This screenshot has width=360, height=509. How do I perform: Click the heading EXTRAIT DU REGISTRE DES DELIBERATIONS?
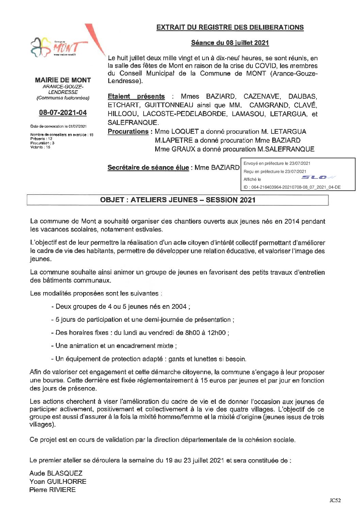230,27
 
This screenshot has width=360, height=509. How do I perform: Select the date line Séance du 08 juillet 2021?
230,43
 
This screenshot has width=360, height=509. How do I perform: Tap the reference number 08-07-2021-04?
63,112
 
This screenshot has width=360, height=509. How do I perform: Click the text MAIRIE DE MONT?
63,80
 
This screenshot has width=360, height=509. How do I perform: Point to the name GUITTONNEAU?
169,105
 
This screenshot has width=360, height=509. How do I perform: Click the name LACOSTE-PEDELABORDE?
184,114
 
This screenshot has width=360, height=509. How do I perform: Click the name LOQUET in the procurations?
185,131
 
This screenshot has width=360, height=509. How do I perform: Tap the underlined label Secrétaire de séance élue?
148,168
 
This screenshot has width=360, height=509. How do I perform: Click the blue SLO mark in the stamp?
318,177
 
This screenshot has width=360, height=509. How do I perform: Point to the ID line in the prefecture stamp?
292,187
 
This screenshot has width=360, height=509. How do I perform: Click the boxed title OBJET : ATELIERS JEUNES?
178,200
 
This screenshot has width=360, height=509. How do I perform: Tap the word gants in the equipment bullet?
176,359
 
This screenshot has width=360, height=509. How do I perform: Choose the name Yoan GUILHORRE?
58,481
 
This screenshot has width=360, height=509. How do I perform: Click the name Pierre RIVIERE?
52,490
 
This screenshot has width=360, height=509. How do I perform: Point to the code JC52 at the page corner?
335,500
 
